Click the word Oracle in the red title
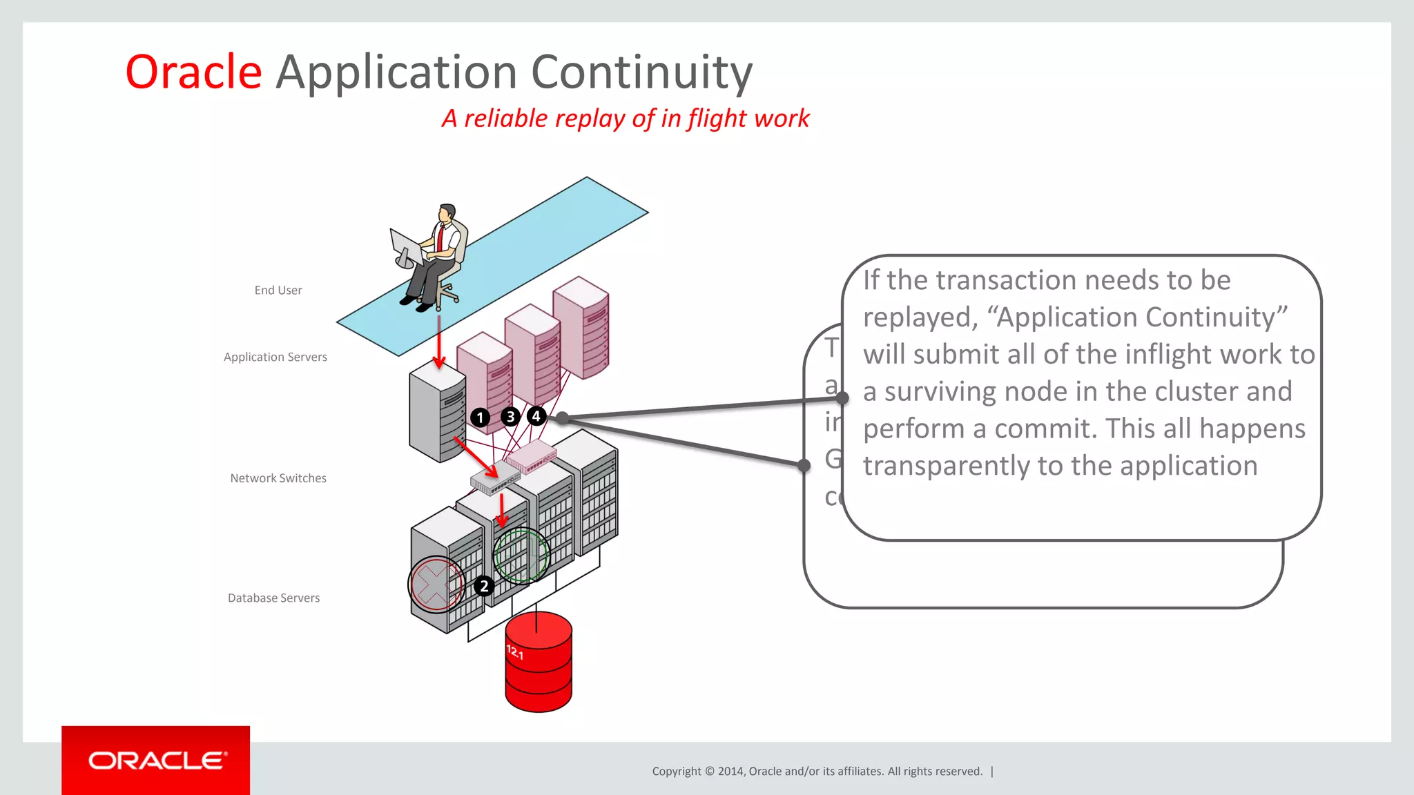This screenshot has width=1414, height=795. coord(193,72)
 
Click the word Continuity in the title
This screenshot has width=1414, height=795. coord(641,72)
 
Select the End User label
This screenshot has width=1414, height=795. coord(278,291)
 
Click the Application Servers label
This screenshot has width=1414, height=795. coord(275,357)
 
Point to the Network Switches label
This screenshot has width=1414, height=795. coord(278,478)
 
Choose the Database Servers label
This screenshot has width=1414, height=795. coord(273,598)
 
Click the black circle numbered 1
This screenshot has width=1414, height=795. coord(480,418)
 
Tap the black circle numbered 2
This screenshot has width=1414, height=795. coord(484,586)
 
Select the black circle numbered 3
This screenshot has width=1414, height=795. coord(510,417)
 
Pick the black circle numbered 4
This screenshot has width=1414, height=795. coord(536,416)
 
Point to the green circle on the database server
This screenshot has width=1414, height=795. coord(521,556)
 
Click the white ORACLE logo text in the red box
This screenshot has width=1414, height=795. coord(157,760)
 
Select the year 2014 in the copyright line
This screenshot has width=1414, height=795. coord(730,772)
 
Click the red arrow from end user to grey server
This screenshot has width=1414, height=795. coord(438,342)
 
